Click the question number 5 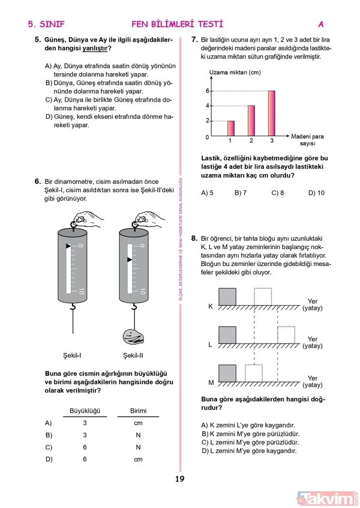point(37,40)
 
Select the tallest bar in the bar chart point(271,113)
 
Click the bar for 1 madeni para point(230,128)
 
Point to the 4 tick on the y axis point(208,106)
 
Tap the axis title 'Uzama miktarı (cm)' point(235,73)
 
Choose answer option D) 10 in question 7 point(316,193)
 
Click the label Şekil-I point(72,354)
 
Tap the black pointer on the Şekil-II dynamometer point(129,259)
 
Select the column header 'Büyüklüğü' point(85,411)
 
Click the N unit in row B point(138,435)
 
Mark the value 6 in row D point(85,459)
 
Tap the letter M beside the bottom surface point(211,383)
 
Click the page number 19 point(179,479)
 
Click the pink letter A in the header point(321,25)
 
